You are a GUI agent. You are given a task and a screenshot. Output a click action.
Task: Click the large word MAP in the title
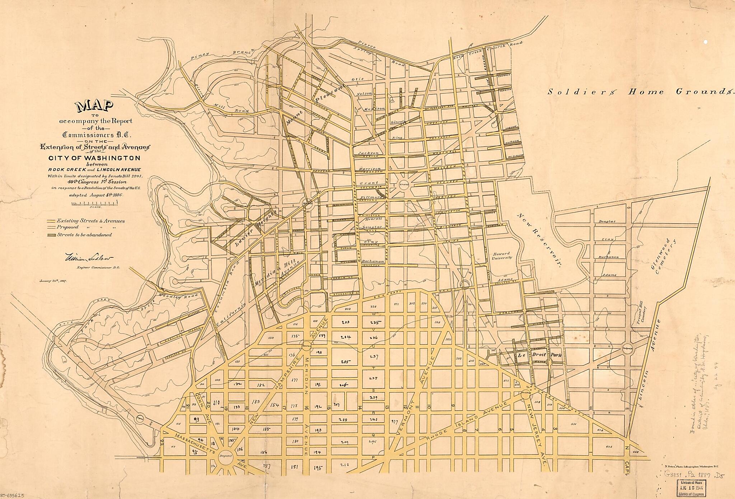[x=94, y=106]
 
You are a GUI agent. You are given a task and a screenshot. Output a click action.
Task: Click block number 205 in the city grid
[x=345, y=362]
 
